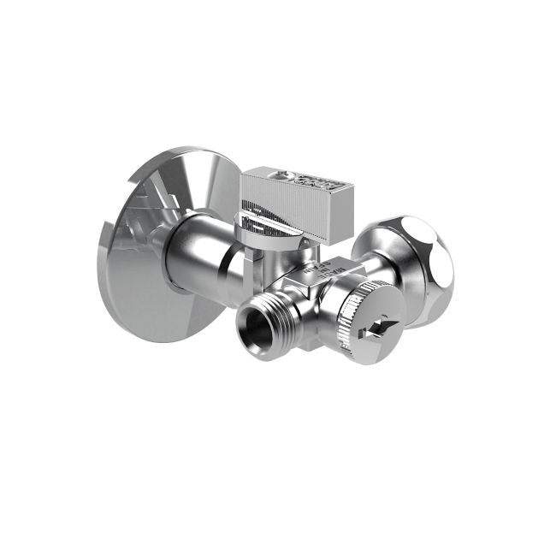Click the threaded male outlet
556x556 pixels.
coord(261,321)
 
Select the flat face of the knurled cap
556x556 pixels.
coord(376,321)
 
